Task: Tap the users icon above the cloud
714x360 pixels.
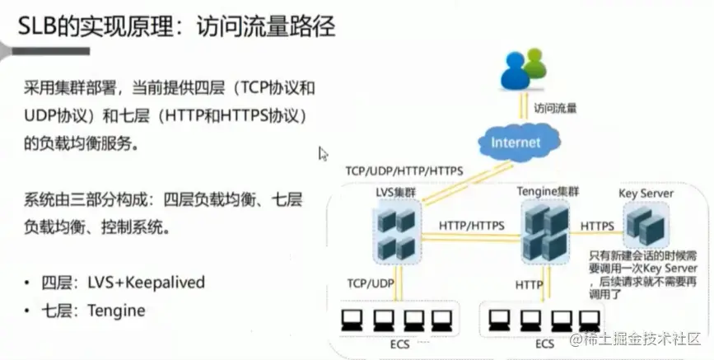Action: [524, 71]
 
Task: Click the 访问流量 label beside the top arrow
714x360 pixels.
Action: [555, 107]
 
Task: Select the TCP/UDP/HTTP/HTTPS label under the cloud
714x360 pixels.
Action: [404, 171]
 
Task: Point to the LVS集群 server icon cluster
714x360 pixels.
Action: [394, 233]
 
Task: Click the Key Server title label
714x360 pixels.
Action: [646, 194]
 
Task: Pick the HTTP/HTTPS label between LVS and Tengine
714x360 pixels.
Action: [472, 224]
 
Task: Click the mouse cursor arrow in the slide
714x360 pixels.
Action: [323, 153]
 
